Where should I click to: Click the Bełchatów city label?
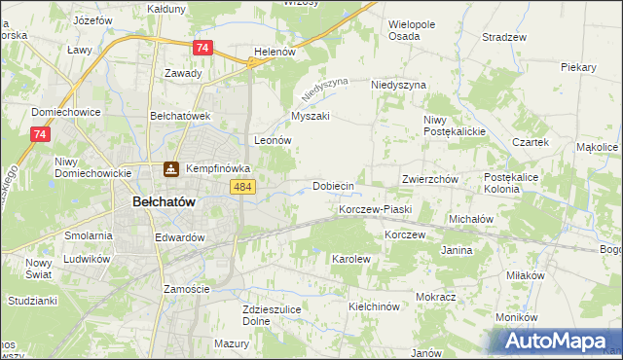point(164,201)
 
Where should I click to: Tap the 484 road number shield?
point(243,187)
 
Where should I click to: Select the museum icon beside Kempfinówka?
point(171,169)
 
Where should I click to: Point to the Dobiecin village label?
point(332,185)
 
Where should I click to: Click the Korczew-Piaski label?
point(376,209)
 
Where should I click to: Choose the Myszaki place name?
point(311,116)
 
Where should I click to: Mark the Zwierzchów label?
point(429,180)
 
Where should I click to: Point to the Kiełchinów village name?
point(374,306)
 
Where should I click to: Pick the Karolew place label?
point(351,260)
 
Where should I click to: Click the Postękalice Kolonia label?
point(517,183)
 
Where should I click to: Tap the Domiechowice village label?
point(66,112)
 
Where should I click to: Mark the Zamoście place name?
point(187,289)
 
